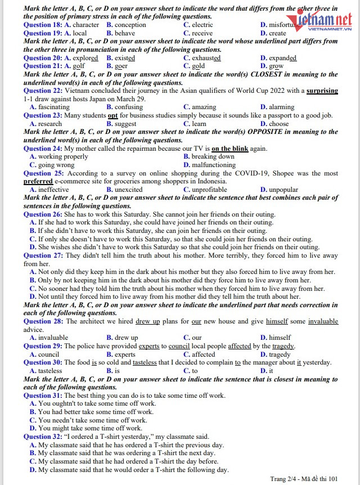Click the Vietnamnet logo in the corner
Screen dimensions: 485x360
[322, 23]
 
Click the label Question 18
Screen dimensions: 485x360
[43, 25]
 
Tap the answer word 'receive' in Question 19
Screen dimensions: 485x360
[202, 33]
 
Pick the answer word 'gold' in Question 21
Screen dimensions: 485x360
[198, 66]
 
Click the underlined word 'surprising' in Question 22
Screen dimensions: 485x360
[322, 91]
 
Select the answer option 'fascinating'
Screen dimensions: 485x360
[53, 107]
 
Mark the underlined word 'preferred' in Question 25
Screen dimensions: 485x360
[38, 182]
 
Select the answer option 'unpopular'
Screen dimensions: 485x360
[283, 190]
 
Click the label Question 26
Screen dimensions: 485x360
[43, 214]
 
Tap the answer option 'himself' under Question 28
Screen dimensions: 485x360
[280, 338]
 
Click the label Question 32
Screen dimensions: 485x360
[43, 437]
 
